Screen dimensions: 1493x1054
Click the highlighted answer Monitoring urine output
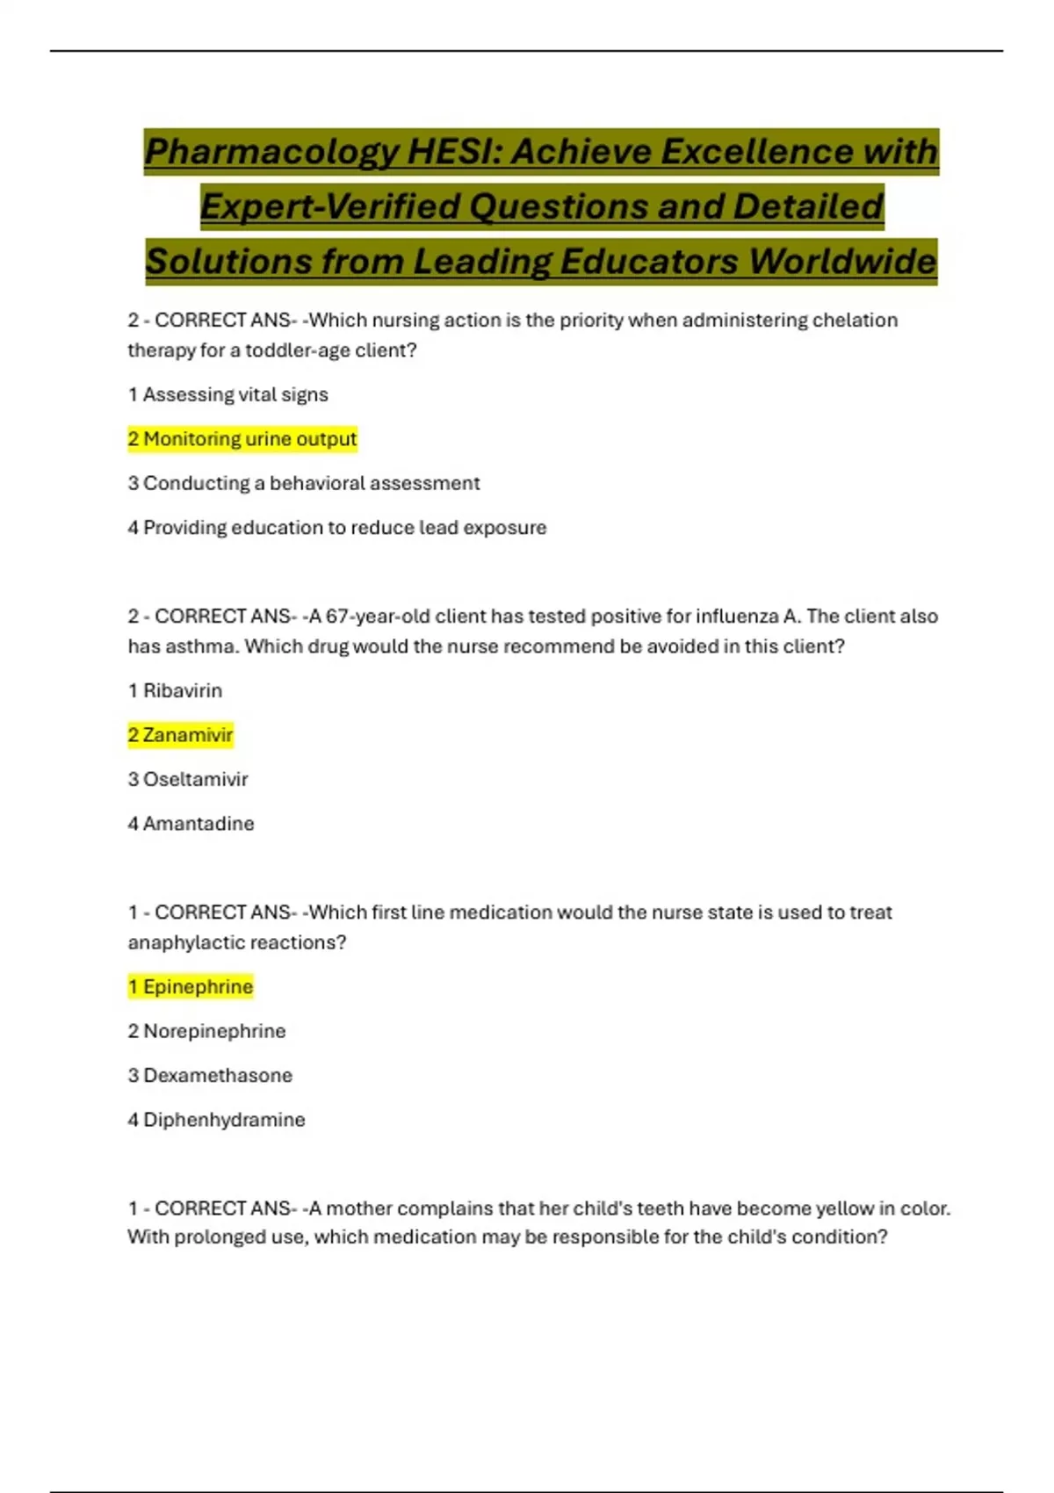tap(242, 438)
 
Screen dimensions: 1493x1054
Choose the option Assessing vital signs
tap(228, 394)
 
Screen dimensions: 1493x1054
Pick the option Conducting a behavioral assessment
tap(304, 483)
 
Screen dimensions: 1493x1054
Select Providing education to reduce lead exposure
tap(337, 527)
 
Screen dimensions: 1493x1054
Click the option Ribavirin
tap(175, 690)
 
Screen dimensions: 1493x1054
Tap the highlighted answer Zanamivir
tap(181, 734)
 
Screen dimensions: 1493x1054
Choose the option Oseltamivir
tap(188, 779)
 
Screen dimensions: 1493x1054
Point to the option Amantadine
tap(191, 823)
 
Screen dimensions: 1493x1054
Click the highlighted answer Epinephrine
tap(191, 986)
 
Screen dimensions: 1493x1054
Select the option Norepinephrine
tap(207, 1030)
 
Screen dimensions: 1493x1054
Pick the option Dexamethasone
tap(210, 1075)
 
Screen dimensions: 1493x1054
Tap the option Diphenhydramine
tap(217, 1119)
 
